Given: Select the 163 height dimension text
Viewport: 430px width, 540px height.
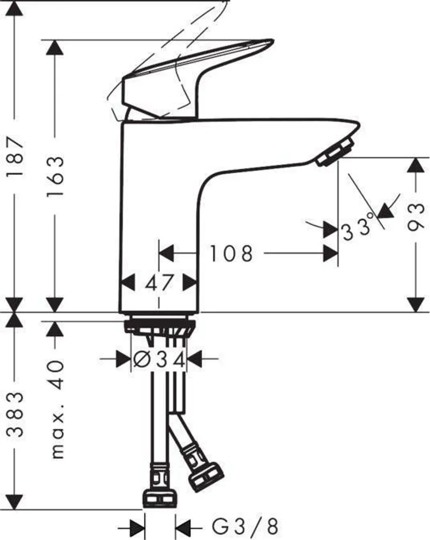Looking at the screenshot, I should (55, 176).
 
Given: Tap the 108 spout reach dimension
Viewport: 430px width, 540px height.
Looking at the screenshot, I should (231, 253).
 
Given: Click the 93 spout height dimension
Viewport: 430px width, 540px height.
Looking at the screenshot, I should (416, 217).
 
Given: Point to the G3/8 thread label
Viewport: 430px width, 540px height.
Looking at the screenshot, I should (245, 527).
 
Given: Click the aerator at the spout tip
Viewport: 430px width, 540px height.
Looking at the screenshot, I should (336, 152).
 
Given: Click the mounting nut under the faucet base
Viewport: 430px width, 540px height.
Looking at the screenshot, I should (159, 326).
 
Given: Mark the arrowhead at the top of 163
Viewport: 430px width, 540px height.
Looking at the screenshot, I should (55, 48).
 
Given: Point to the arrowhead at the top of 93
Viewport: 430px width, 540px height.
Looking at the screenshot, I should (416, 165).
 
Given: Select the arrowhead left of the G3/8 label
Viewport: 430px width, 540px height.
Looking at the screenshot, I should (137, 527).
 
